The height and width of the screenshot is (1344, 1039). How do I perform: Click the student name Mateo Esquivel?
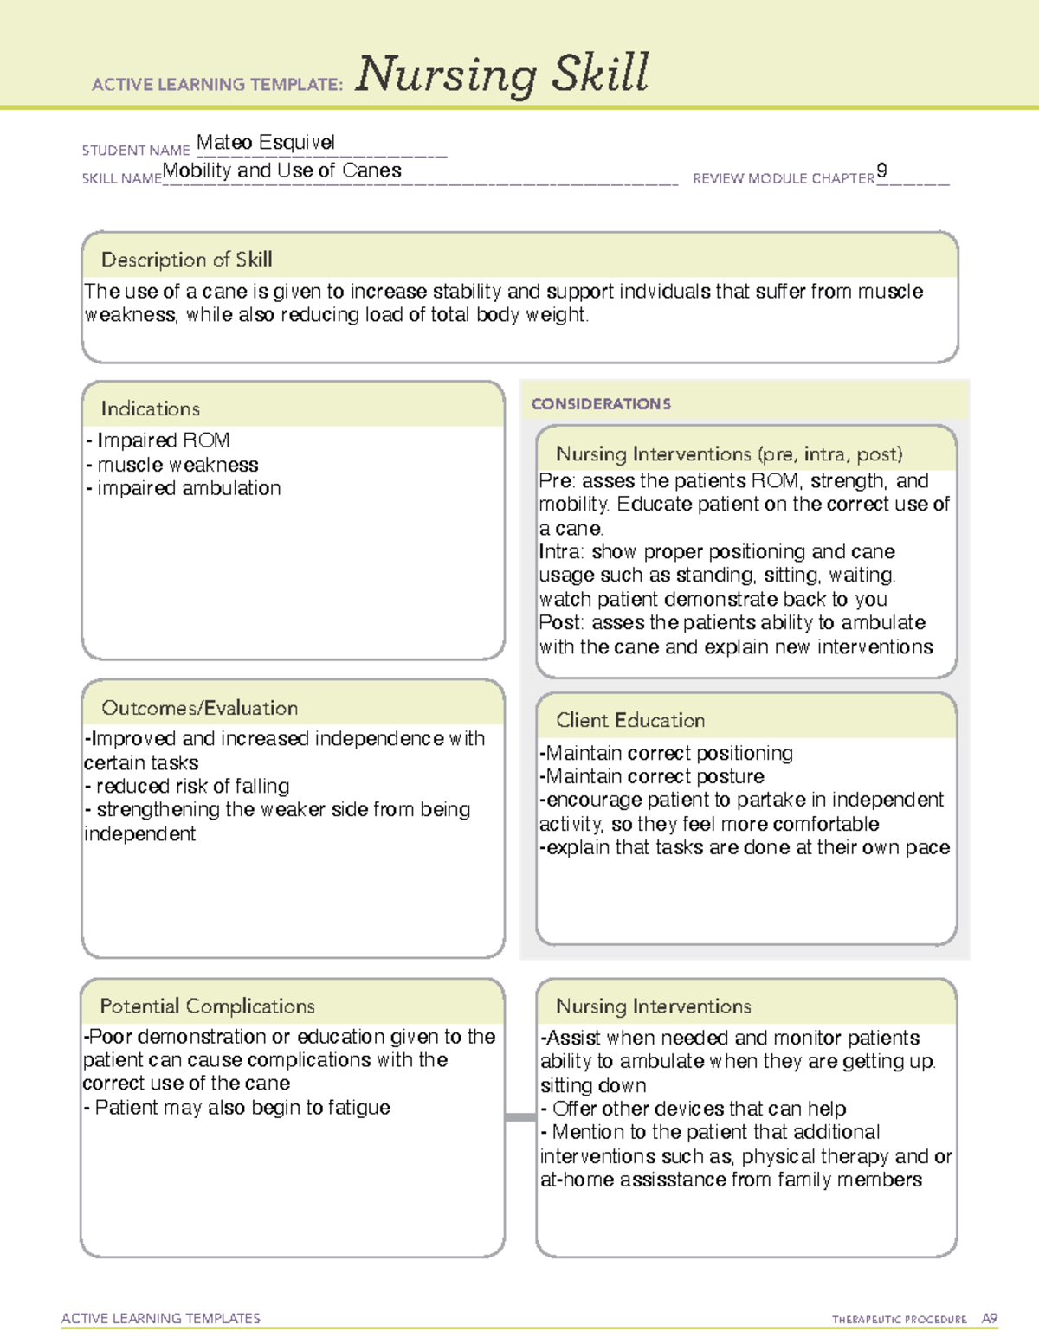[x=265, y=143]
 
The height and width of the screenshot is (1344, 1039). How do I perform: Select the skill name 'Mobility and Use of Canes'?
[x=282, y=170]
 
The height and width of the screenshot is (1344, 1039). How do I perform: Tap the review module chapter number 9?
[x=881, y=170]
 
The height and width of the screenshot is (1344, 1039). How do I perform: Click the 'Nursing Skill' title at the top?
[x=501, y=74]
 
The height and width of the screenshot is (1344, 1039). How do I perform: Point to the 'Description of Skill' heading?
[x=186, y=260]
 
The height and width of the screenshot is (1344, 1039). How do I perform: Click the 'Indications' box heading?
[x=150, y=408]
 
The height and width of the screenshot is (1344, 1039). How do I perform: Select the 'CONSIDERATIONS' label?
[x=601, y=404]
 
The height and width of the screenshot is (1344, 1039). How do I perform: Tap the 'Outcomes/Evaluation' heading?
[x=199, y=708]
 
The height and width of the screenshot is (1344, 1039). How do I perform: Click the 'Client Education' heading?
[x=630, y=720]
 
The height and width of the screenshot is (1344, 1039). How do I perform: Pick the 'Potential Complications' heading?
[x=207, y=1006]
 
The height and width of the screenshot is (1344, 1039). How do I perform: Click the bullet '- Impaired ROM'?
[x=158, y=440]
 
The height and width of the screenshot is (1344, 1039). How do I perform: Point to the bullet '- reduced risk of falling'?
[x=187, y=786]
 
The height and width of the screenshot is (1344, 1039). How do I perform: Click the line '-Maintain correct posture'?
[x=651, y=776]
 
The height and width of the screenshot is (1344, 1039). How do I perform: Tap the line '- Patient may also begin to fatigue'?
[x=236, y=1108]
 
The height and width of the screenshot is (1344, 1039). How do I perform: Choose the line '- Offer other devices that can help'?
[x=693, y=1109]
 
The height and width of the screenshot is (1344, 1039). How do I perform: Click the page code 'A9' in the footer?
[x=989, y=1319]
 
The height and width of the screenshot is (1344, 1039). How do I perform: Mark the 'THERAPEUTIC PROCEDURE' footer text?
[x=899, y=1320]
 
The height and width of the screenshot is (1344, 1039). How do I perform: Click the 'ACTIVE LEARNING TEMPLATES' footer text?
[x=161, y=1318]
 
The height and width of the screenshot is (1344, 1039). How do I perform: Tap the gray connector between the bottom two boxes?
[x=520, y=1117]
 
